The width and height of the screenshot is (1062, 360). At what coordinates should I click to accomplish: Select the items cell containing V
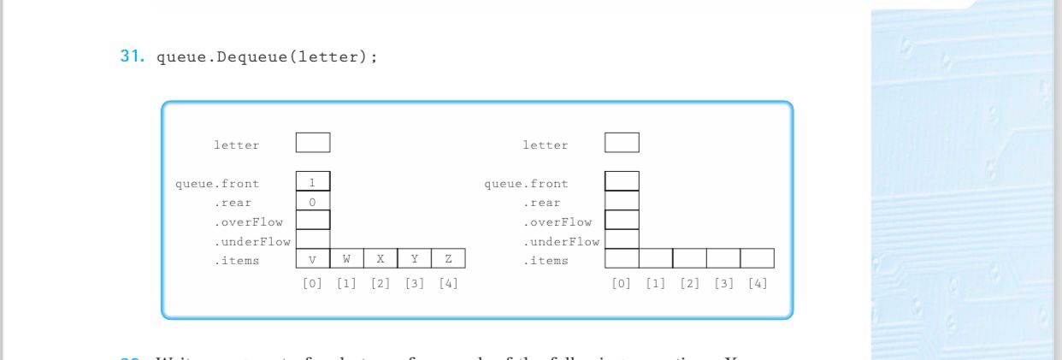tap(312, 258)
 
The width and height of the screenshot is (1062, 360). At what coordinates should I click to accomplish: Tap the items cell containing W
tap(346, 258)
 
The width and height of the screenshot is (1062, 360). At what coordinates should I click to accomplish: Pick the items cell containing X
tap(381, 258)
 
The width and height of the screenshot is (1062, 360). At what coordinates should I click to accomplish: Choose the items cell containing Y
tap(415, 258)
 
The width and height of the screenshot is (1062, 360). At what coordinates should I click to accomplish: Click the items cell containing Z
tap(449, 258)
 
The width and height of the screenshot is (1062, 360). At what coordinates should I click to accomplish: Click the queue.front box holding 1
tap(312, 181)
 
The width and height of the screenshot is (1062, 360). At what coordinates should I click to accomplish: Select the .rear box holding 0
tap(312, 201)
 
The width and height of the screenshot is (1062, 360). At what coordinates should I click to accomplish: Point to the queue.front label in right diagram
tap(526, 183)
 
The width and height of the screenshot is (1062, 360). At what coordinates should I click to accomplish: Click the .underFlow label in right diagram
tap(561, 242)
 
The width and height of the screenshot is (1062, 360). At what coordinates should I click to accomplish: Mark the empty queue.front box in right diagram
tap(622, 181)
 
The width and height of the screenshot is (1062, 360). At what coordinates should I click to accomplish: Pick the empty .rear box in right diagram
tap(622, 201)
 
